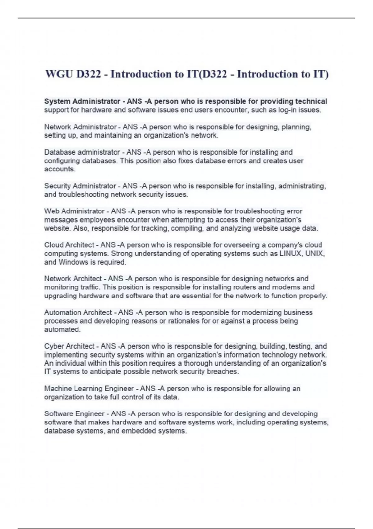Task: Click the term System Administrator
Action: (x=82, y=101)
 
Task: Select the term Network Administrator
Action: (x=80, y=127)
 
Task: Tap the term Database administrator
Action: (x=82, y=152)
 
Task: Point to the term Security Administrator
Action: (x=80, y=186)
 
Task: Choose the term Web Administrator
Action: (x=74, y=211)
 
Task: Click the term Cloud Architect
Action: (x=69, y=245)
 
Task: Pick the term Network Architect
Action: (x=73, y=279)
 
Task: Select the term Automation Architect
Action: (x=78, y=312)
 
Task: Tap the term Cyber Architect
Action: (x=69, y=346)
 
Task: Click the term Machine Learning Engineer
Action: (x=89, y=389)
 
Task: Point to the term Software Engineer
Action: (x=74, y=414)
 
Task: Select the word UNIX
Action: (x=315, y=254)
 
